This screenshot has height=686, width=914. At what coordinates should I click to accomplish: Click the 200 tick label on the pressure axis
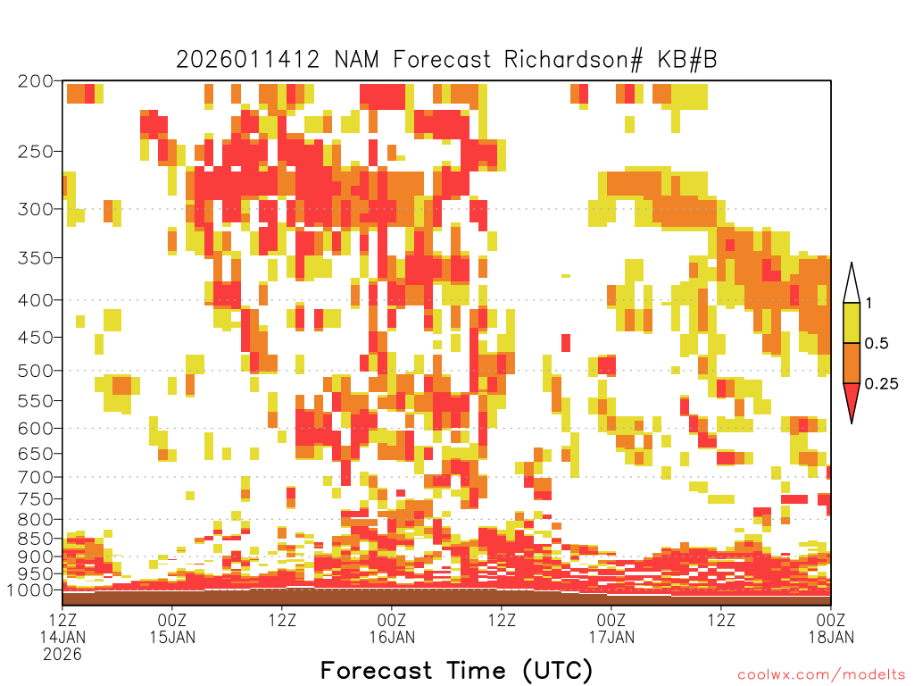click(36, 81)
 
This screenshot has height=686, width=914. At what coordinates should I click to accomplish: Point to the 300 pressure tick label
click(36, 209)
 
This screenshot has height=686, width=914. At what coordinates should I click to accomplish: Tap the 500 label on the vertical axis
click(36, 371)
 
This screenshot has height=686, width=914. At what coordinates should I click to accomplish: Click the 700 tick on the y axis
click(36, 477)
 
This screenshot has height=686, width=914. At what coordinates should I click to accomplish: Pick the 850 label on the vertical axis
click(36, 539)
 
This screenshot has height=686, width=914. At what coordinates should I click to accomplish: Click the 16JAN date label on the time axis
click(392, 637)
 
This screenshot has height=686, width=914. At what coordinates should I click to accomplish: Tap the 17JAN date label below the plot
click(611, 637)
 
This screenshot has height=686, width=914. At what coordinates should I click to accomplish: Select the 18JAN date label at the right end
click(831, 637)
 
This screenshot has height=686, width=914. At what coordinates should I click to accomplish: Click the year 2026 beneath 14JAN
click(62, 655)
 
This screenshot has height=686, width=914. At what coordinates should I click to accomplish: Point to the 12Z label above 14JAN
click(62, 620)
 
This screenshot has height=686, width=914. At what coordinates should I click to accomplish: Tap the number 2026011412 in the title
click(248, 60)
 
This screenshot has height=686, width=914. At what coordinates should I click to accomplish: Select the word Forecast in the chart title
click(442, 60)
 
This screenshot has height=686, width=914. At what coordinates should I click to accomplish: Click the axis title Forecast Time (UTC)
click(456, 671)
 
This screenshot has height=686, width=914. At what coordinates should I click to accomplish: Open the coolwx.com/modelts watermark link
click(822, 675)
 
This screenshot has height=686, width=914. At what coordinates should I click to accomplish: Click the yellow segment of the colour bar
click(852, 322)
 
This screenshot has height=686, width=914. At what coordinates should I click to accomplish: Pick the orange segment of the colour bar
click(852, 363)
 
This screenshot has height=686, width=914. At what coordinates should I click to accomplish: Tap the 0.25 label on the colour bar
click(881, 384)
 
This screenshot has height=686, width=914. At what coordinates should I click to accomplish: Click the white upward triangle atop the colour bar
click(852, 285)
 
